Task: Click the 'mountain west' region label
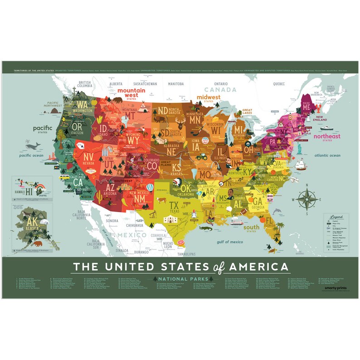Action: tap(131, 92)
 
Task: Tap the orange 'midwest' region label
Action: tap(208, 97)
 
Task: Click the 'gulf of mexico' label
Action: tap(230, 242)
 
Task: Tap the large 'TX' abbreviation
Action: tap(174, 205)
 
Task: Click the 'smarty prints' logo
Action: tap(334, 292)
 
